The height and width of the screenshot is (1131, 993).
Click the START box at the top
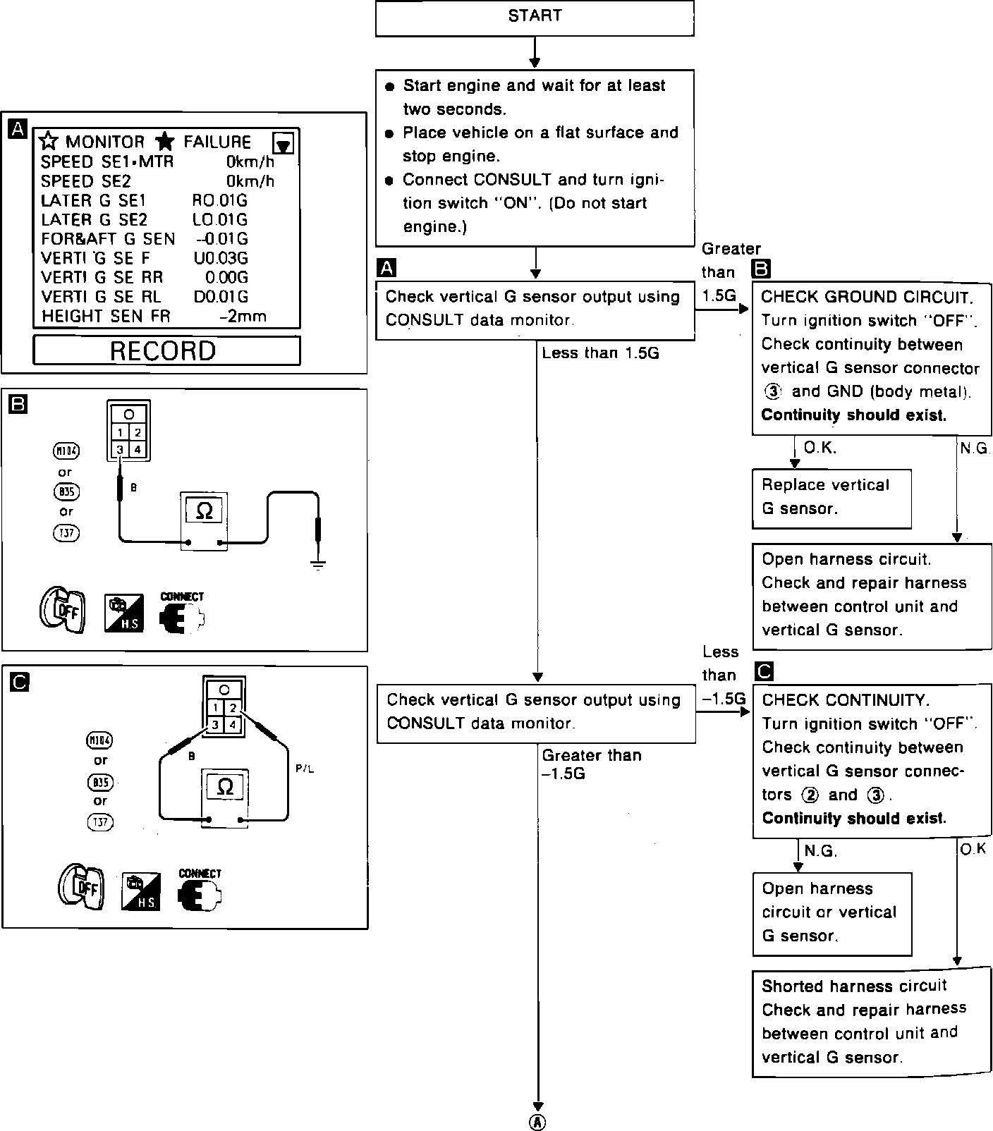(x=535, y=18)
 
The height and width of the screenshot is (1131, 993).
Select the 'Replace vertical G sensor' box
(x=831, y=498)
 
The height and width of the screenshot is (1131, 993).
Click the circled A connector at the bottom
(x=537, y=1122)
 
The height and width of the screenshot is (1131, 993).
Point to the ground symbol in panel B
(x=319, y=564)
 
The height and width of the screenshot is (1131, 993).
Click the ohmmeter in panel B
(x=204, y=520)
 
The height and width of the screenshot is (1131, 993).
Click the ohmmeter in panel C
(x=226, y=797)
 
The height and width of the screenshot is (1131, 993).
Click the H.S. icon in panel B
(x=124, y=613)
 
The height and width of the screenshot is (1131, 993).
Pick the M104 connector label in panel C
(x=99, y=740)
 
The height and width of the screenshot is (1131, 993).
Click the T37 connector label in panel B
(x=66, y=534)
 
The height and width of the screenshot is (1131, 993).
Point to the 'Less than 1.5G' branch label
(x=600, y=353)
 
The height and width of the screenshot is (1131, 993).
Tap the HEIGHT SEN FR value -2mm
(x=243, y=317)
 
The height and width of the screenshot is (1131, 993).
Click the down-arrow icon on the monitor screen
(x=284, y=145)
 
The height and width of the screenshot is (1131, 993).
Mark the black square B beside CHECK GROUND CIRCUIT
(x=762, y=269)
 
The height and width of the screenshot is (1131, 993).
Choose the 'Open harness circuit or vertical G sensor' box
(x=831, y=913)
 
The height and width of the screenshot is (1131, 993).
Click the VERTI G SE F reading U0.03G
(x=221, y=258)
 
